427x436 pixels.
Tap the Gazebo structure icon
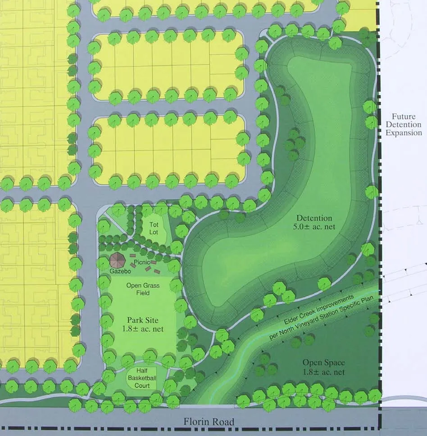pyautogui.click(x=118, y=260)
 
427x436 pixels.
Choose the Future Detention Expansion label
pyautogui.click(x=404, y=125)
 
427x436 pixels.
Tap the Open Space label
pyautogui.click(x=323, y=363)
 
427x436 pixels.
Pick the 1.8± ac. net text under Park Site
pyautogui.click(x=142, y=329)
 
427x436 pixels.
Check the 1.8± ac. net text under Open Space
pyautogui.click(x=323, y=372)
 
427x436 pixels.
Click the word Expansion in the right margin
pyautogui.click(x=404, y=133)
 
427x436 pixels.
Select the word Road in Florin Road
pyautogui.click(x=223, y=422)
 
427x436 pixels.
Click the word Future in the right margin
pyautogui.click(x=404, y=116)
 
